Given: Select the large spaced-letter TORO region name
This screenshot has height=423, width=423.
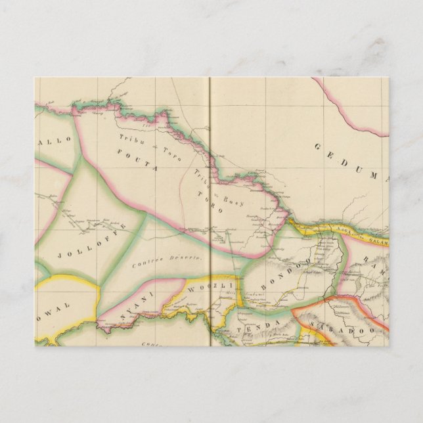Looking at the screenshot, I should pyautogui.click(x=210, y=204).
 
